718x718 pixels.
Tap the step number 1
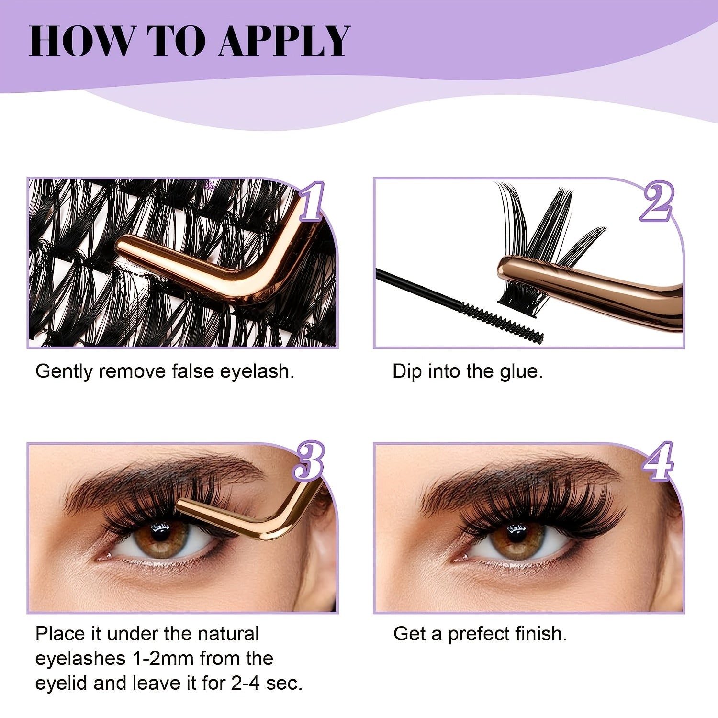pos(312,202)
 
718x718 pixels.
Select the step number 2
pos(657,202)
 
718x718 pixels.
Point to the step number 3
pos(309,460)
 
